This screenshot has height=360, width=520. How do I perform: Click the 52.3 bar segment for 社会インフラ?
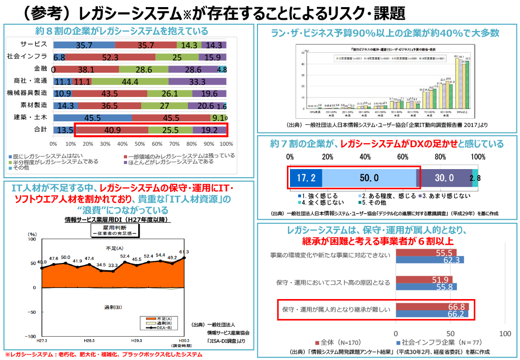[110, 57]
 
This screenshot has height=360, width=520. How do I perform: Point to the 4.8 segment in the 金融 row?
[222, 69]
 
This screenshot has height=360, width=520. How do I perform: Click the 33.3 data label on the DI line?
[113, 265]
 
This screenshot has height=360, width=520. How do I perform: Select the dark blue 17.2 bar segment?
[306, 178]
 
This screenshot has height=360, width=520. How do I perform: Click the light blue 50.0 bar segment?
[369, 178]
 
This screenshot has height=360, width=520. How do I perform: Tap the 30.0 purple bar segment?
[444, 178]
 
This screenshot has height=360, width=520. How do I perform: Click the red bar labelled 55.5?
[426, 252]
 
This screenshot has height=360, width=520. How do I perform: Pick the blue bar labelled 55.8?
[426, 287]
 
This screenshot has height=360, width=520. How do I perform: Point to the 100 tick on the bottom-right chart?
[505, 334]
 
